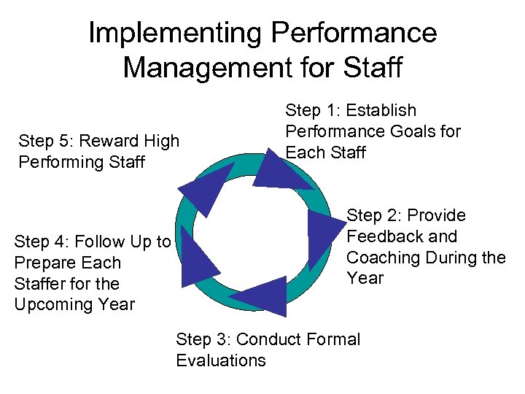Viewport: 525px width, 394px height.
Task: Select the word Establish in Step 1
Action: tap(382, 111)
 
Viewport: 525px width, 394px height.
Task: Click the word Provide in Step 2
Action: tap(436, 215)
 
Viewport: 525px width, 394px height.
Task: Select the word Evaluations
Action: tap(221, 360)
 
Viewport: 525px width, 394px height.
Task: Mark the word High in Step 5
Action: tap(162, 141)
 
